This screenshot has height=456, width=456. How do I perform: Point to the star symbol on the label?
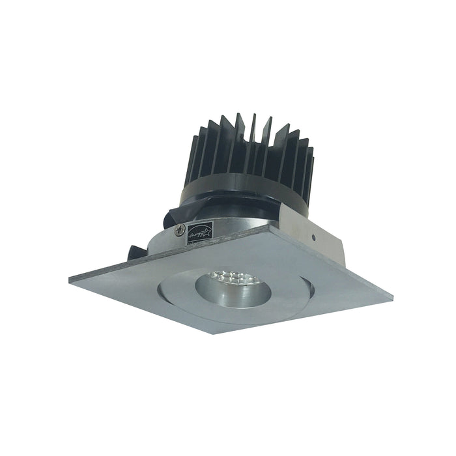click(207, 229)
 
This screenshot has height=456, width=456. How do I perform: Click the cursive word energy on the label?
click(196, 233)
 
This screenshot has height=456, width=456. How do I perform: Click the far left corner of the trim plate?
click(70, 280)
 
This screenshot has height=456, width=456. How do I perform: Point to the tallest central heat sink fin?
click(253, 130)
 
